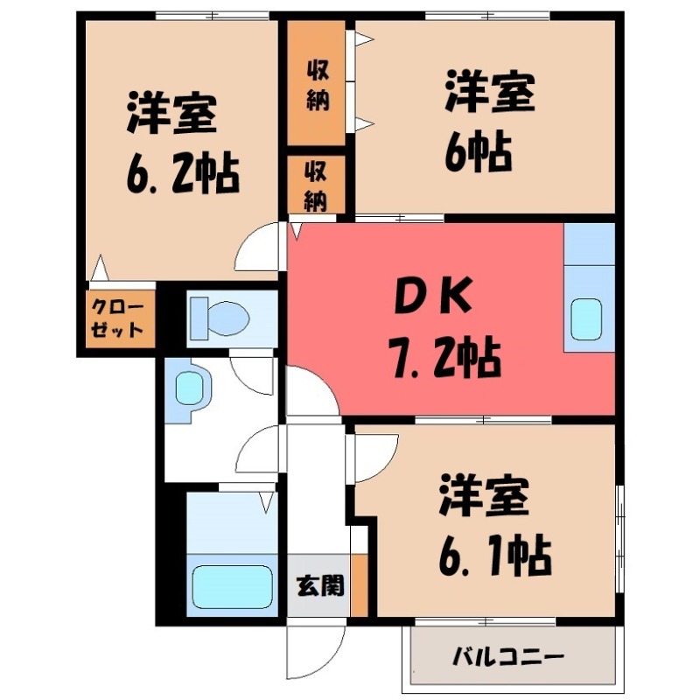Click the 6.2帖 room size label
pyautogui.click(x=183, y=172)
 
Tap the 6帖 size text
pyautogui.click(x=478, y=151)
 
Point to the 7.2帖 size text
pyautogui.click(x=446, y=357)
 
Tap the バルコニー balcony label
pyautogui.click(x=508, y=656)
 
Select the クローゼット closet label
pyautogui.click(x=117, y=318)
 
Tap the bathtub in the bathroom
pyautogui.click(x=232, y=586)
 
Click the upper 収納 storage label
pyautogui.click(x=318, y=86)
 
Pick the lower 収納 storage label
pyautogui.click(x=316, y=186)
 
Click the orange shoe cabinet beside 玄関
pyautogui.click(x=360, y=584)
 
